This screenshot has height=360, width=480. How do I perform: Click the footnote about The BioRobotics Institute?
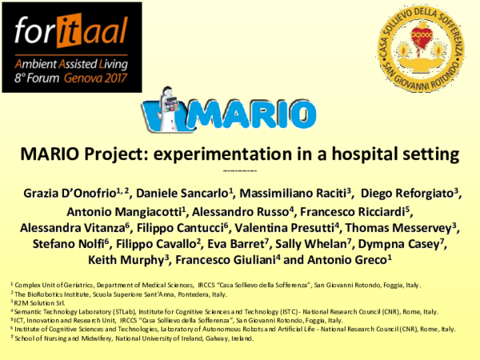[x=120, y=294]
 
